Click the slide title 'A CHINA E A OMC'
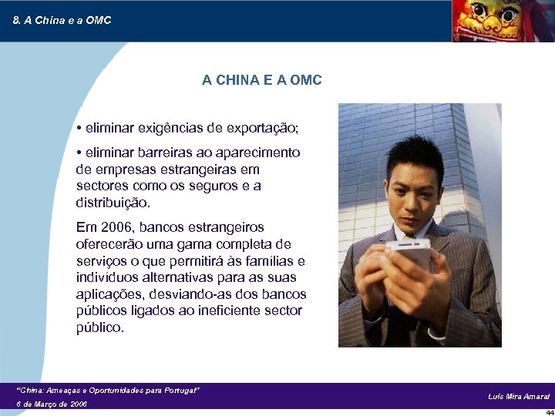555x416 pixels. (261, 80)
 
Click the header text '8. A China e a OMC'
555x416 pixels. (62, 20)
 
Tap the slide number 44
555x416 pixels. (549, 412)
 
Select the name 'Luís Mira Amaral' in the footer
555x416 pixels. (518, 396)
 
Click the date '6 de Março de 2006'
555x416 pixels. (52, 404)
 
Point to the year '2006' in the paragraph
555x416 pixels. (117, 227)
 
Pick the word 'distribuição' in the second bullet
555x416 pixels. (113, 203)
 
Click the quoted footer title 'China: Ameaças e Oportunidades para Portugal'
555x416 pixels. (108, 391)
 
